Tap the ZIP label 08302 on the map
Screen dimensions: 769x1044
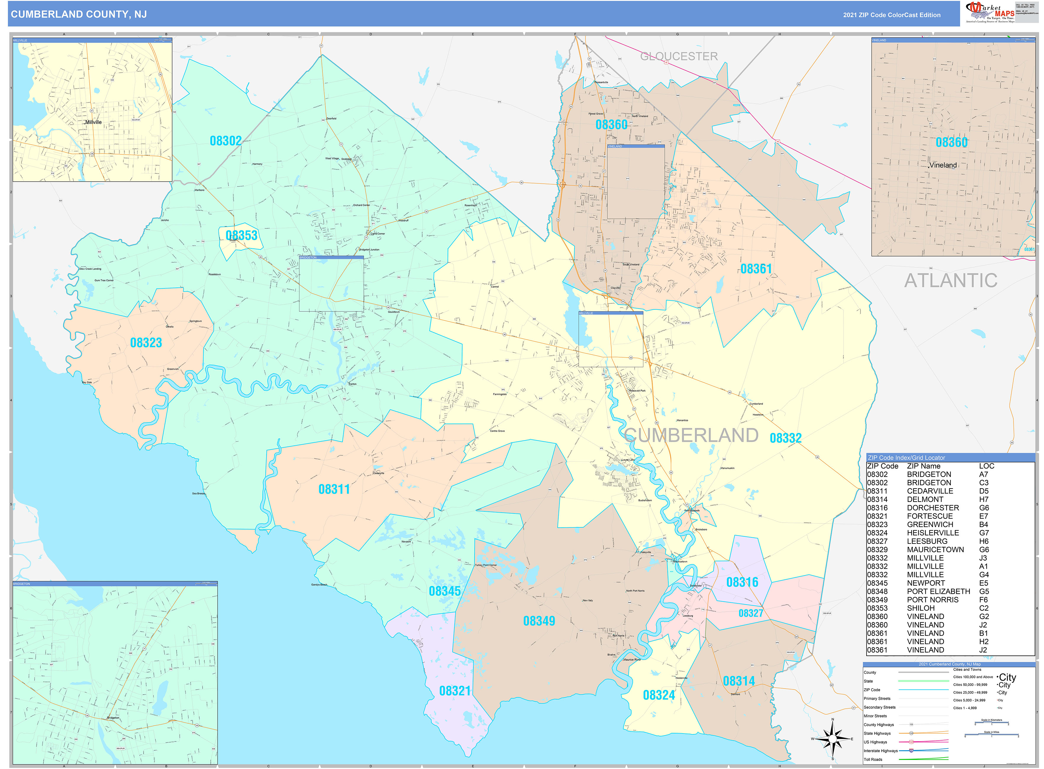[x=225, y=141]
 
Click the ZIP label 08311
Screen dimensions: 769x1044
[x=334, y=489]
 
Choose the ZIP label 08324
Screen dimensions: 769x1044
[x=659, y=695]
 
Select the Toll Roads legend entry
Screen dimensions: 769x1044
[x=873, y=759]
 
